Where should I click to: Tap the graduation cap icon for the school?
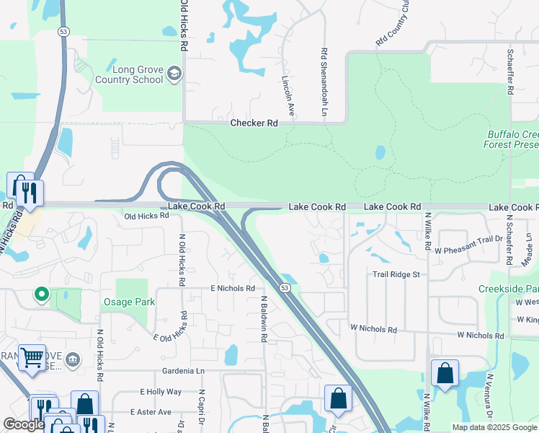[174, 74]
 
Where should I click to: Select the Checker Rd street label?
[254, 123]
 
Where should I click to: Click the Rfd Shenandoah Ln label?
[324, 83]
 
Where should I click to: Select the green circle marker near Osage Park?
[42, 294]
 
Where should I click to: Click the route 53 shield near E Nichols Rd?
[285, 289]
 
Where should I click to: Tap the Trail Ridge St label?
[396, 274]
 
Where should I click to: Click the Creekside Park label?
[509, 289]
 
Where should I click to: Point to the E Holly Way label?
[161, 391]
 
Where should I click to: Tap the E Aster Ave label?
[151, 412]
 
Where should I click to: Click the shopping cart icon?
[32, 357]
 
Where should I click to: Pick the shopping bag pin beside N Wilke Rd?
[445, 373]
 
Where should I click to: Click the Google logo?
[24, 424]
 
